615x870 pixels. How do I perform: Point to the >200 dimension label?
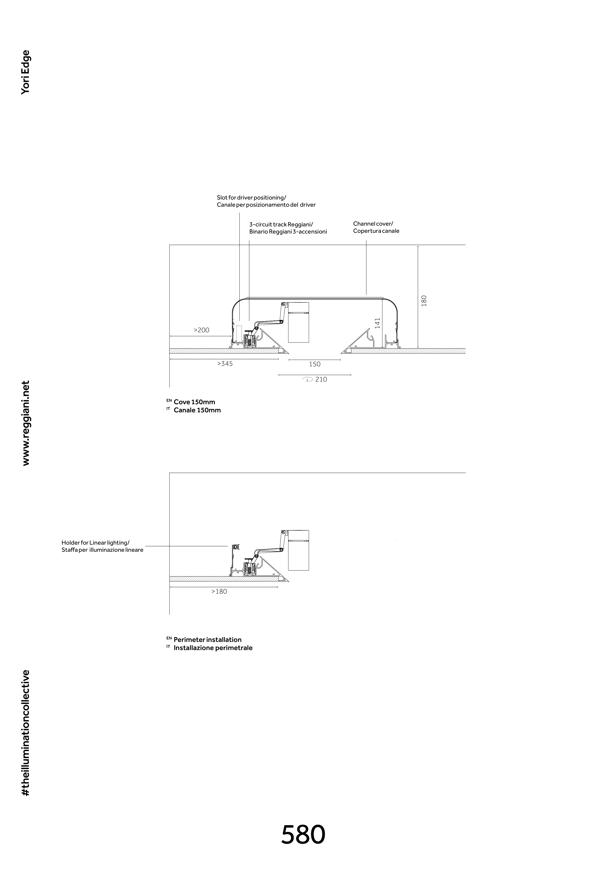click(x=201, y=330)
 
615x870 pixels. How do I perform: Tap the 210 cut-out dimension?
click(x=321, y=379)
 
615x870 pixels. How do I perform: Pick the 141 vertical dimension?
click(x=377, y=323)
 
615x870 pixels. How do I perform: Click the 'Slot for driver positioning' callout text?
click(x=266, y=201)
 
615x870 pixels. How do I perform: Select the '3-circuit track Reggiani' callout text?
click(x=288, y=228)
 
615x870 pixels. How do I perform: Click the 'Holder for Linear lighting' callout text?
click(x=102, y=546)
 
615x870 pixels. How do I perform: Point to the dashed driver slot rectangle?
click(x=239, y=333)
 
